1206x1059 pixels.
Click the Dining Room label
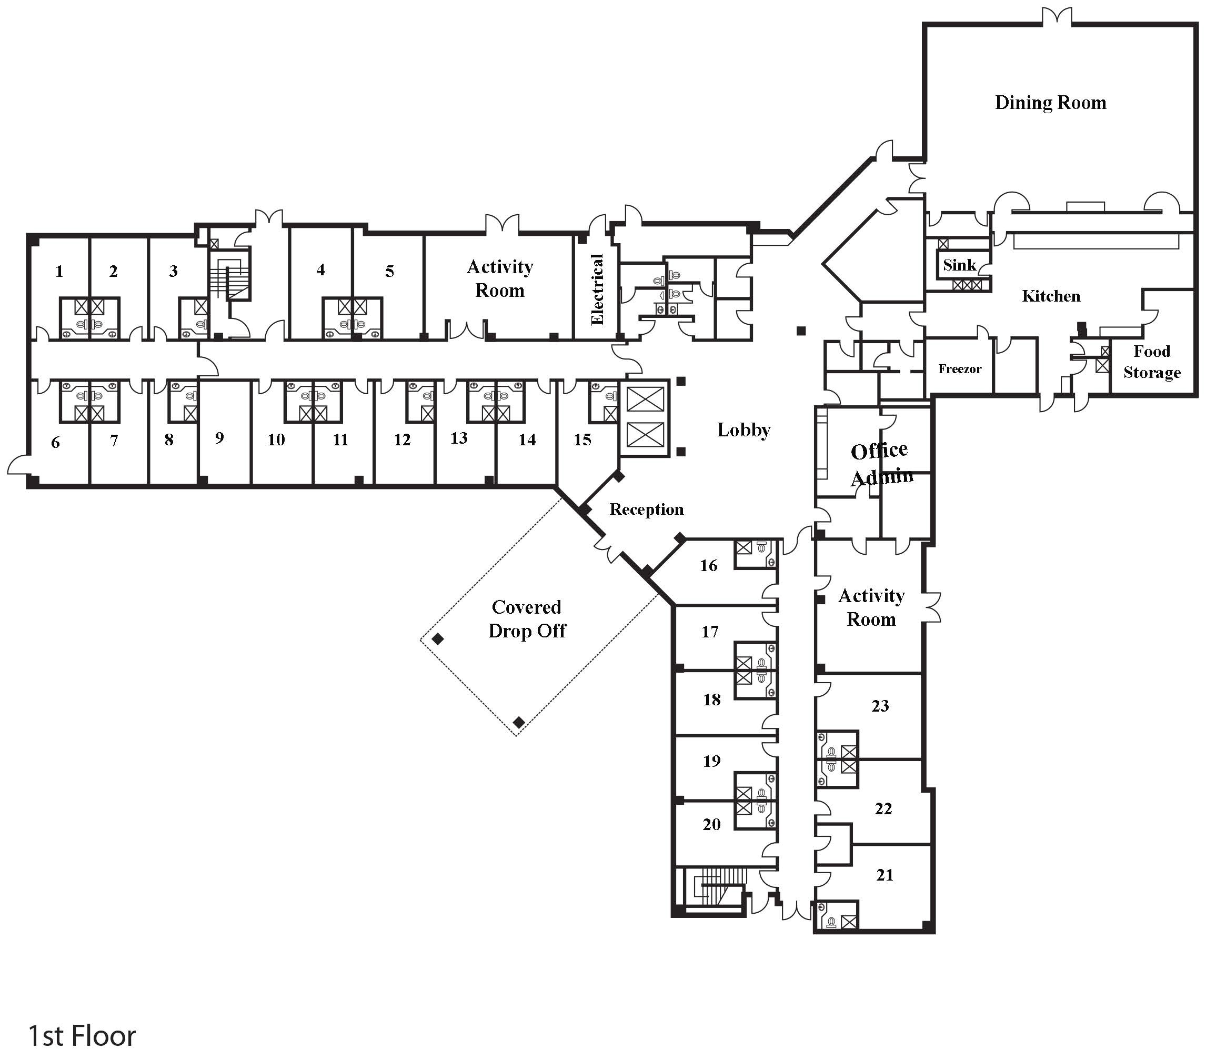[x=1050, y=103]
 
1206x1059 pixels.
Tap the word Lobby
[x=743, y=429]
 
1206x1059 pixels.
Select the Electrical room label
[x=597, y=289]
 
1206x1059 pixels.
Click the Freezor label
[x=959, y=369]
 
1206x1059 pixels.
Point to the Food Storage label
[x=1151, y=362]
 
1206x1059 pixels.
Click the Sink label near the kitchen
[x=959, y=265]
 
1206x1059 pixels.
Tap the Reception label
[x=646, y=509]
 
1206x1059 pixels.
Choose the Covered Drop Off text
[x=526, y=618]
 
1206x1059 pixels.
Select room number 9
[x=219, y=438]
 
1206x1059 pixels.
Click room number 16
[x=708, y=565]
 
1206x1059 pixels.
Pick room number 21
[x=885, y=875]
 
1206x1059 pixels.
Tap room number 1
[x=59, y=272]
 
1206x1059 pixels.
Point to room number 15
[x=582, y=440]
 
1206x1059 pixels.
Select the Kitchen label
[x=1051, y=296]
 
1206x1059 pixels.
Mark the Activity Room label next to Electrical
[x=500, y=278]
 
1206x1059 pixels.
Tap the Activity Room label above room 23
[x=871, y=607]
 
